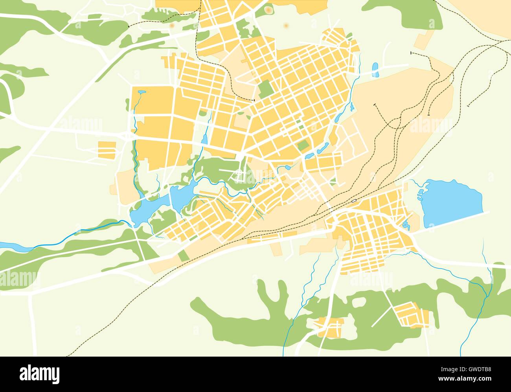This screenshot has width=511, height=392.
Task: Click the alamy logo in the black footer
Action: click(39, 372)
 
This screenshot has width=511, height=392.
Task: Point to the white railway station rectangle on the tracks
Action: click(354, 201)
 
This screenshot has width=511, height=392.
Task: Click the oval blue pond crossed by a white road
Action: click(375, 70)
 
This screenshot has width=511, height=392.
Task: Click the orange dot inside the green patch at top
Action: click(268, 9)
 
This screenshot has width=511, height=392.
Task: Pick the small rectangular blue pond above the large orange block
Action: click(142, 92)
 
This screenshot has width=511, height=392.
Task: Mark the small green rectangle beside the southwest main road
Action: click(183, 256)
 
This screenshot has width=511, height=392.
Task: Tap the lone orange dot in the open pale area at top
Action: click(286, 26)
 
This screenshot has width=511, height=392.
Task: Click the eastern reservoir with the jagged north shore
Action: click(181, 195)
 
